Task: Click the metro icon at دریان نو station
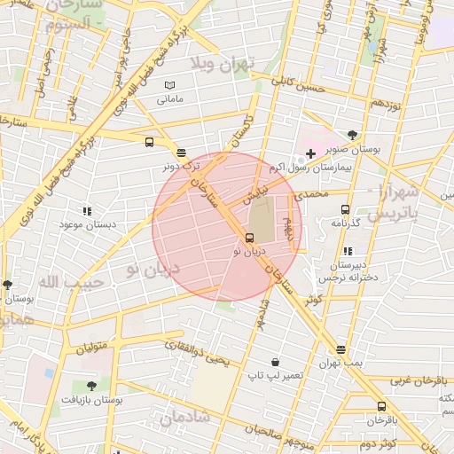pos(249,238)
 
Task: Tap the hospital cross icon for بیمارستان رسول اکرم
pos(310,154)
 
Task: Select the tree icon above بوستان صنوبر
pos(353,136)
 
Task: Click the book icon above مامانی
pos(169,85)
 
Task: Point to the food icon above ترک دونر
pos(181,153)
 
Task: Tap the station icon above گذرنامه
pos(345,209)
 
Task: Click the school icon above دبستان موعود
pos(87,211)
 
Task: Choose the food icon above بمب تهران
pos(340,350)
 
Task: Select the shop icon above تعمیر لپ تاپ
pos(276,362)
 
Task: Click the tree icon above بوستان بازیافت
pos(91,386)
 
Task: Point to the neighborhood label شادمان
pos(184,415)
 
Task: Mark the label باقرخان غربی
pos(412,379)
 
